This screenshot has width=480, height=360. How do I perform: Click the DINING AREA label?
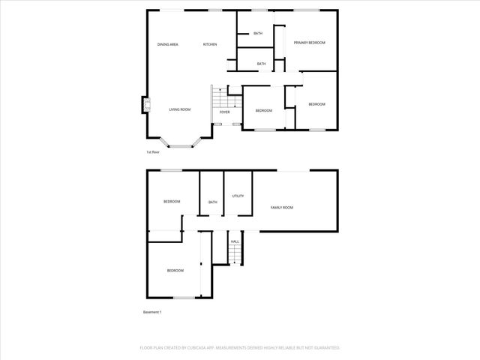pyautogui.click(x=167, y=44)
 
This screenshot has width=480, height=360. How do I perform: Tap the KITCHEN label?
pyautogui.click(x=210, y=44)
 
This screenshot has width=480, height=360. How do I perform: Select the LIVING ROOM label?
pyautogui.click(x=179, y=109)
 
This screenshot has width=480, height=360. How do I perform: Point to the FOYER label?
pyautogui.click(x=225, y=112)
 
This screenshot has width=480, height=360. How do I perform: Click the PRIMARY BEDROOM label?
pyautogui.click(x=309, y=43)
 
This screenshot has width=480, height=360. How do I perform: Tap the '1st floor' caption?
pyautogui.click(x=153, y=152)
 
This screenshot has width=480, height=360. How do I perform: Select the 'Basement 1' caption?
pyautogui.click(x=152, y=312)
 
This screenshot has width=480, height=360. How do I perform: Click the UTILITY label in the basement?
pyautogui.click(x=238, y=196)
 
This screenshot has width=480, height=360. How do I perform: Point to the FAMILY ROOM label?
pyautogui.click(x=282, y=207)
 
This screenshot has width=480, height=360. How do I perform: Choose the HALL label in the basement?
pyautogui.click(x=235, y=241)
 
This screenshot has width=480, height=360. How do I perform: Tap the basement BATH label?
pyautogui.click(x=212, y=202)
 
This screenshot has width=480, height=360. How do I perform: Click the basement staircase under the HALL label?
pyautogui.click(x=235, y=256)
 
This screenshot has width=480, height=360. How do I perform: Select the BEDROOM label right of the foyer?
pyautogui.click(x=263, y=111)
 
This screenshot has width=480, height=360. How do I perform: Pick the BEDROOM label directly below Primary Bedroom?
pyautogui.click(x=316, y=104)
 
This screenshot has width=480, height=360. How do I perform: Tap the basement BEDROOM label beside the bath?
pyautogui.click(x=172, y=202)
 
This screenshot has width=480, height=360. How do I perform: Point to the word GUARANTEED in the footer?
pyautogui.click(x=323, y=348)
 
